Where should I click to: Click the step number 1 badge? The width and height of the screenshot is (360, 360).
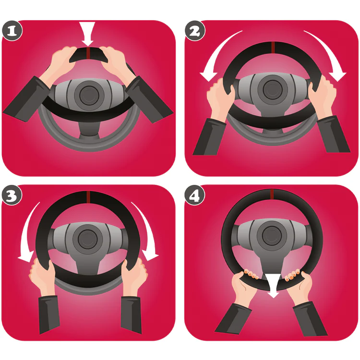point(12,31)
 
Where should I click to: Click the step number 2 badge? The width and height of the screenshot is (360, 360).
point(195,31)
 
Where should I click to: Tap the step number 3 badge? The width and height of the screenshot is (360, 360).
point(12,196)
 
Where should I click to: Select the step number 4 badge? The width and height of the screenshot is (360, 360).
point(195,196)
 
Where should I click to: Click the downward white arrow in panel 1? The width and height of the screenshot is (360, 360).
point(87,34)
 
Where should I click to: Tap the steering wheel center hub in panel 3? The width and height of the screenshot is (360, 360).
point(87,239)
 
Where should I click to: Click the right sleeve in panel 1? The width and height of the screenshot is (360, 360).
point(149,99)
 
